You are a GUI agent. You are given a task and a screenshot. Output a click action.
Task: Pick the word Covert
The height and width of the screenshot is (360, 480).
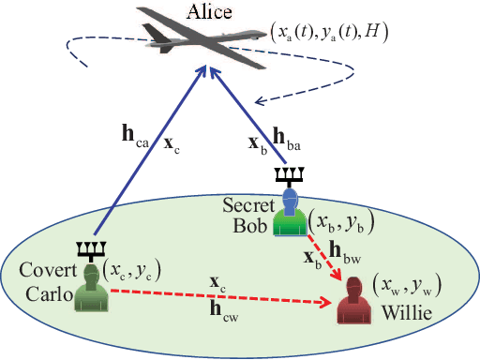37,273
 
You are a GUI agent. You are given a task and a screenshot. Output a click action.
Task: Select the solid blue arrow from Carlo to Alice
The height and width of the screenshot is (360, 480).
150,159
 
